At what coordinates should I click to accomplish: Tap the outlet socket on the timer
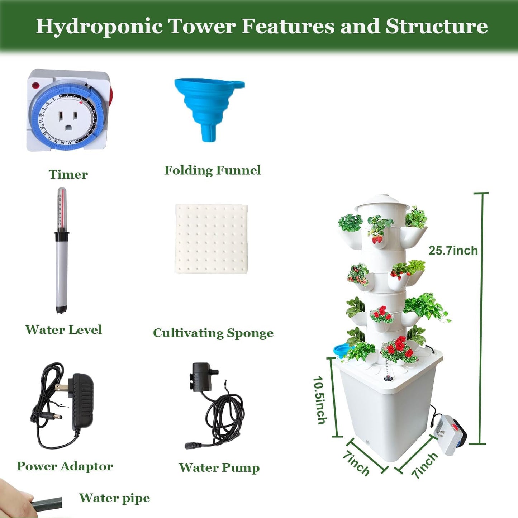coord(68,120)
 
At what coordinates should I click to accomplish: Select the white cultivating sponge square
coord(212,239)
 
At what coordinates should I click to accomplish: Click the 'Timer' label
coord(68,175)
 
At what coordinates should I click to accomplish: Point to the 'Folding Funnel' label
coord(212,170)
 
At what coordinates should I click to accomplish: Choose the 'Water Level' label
coord(63,330)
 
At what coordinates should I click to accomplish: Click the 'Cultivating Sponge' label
coord(213,333)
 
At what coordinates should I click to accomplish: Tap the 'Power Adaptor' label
coord(65,466)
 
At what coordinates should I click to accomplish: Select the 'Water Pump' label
coord(219,467)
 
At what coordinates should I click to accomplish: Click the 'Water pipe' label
coord(114,498)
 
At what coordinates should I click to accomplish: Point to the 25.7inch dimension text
coord(453,251)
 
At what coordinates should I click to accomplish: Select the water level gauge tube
coord(62,251)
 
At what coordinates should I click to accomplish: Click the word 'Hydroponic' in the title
coord(99,27)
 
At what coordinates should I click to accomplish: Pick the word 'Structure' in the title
coord(436,27)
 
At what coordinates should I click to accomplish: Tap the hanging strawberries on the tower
coord(377,238)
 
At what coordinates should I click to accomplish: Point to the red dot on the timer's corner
coord(35,86)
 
